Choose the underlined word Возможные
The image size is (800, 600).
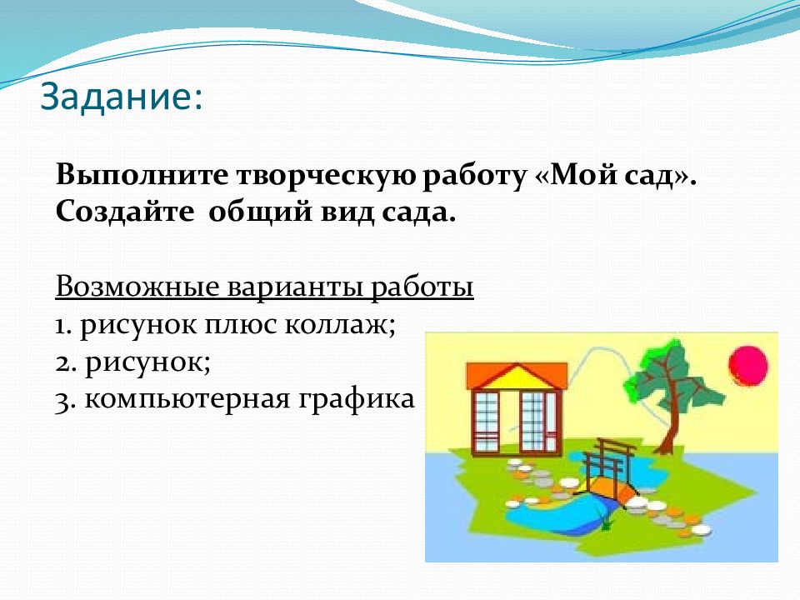tap(137, 287)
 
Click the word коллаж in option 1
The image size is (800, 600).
tap(340, 325)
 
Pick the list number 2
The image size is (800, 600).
tap(65, 363)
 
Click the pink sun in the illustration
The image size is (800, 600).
tap(748, 366)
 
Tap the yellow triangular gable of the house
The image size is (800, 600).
tap(517, 377)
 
